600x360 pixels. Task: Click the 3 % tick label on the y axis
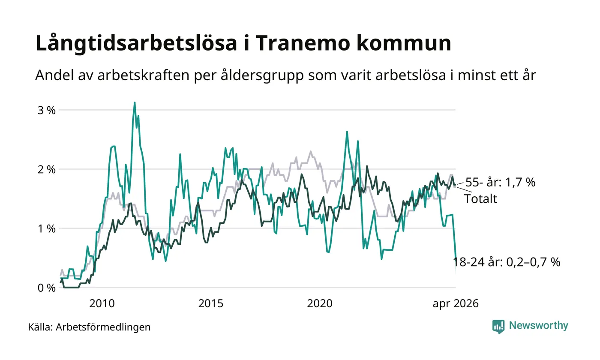(47, 111)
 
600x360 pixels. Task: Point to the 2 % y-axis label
(47, 170)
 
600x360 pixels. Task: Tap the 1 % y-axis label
(47, 229)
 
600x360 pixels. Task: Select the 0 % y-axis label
(47, 288)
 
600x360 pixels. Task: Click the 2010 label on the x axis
(102, 303)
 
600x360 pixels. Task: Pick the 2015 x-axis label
(211, 303)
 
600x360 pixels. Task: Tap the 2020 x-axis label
(320, 303)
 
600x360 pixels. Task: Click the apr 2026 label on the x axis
(455, 304)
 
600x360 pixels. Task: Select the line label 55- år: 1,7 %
(501, 183)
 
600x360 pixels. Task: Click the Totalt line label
(480, 199)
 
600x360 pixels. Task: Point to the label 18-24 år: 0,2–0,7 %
(507, 262)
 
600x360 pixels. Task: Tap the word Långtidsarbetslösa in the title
(136, 43)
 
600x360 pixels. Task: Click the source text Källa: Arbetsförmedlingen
(89, 327)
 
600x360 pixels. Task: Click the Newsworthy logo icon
(498, 327)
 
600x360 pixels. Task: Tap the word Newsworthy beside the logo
(538, 325)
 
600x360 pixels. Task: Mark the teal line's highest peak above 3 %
(135, 102)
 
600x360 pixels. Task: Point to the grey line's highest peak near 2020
(311, 151)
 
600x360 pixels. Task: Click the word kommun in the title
(404, 43)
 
